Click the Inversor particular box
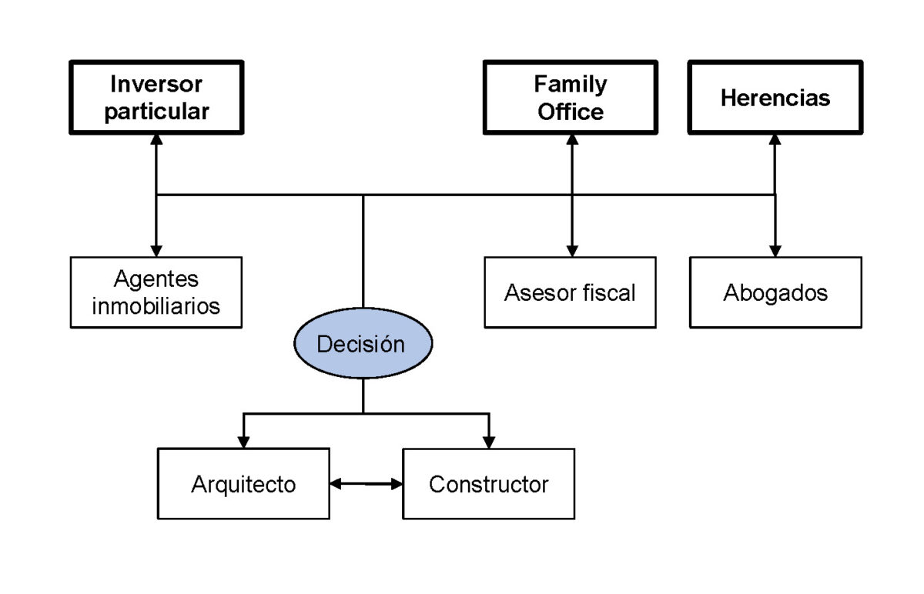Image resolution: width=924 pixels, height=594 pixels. tap(156, 98)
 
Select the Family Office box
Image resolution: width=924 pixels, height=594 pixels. tap(571, 98)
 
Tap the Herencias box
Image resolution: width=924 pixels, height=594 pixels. tap(775, 98)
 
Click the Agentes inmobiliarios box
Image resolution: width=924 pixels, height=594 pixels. tap(156, 292)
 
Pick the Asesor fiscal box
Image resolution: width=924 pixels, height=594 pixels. tap(571, 292)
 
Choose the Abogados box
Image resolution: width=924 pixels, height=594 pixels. tap(775, 292)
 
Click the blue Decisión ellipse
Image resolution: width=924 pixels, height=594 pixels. tap(362, 344)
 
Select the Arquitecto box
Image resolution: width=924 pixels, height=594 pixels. tap(243, 484)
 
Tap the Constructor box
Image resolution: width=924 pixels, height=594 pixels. tap(488, 484)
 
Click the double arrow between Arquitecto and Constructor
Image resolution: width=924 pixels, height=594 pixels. tap(367, 484)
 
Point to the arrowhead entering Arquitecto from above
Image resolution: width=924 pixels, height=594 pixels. tap(244, 442)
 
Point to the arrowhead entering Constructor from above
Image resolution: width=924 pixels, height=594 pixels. tap(489, 442)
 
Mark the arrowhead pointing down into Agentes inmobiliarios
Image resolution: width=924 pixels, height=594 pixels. tap(156, 250)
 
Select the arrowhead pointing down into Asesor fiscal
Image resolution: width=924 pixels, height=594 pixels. tap(571, 250)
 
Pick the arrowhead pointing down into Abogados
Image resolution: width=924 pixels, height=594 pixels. tap(775, 250)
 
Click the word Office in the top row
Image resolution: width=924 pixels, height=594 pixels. tap(571, 112)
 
